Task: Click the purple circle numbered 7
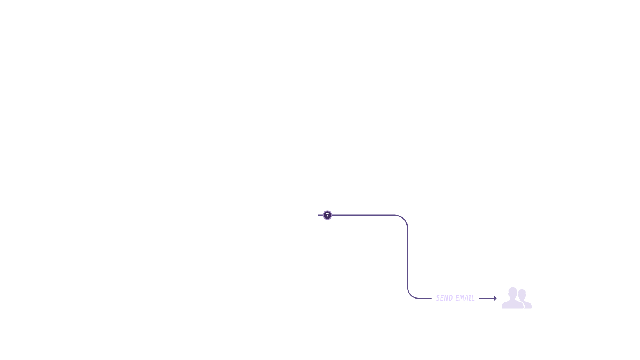click(327, 215)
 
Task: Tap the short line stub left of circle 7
click(320, 215)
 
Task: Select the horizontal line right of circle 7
click(363, 215)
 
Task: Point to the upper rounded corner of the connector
click(404, 219)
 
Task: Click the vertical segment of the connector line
click(408, 258)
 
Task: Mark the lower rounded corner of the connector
click(411, 295)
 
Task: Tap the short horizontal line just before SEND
click(425, 298)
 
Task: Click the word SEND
click(445, 298)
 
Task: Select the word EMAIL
click(465, 298)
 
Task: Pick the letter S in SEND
click(438, 298)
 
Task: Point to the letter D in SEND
click(451, 298)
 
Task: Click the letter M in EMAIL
click(462, 298)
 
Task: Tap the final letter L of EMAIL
click(473, 298)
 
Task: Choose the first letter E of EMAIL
click(458, 298)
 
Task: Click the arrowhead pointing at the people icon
click(495, 298)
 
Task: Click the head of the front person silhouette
click(513, 292)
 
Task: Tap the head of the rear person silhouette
click(522, 294)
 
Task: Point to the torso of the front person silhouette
click(513, 304)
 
